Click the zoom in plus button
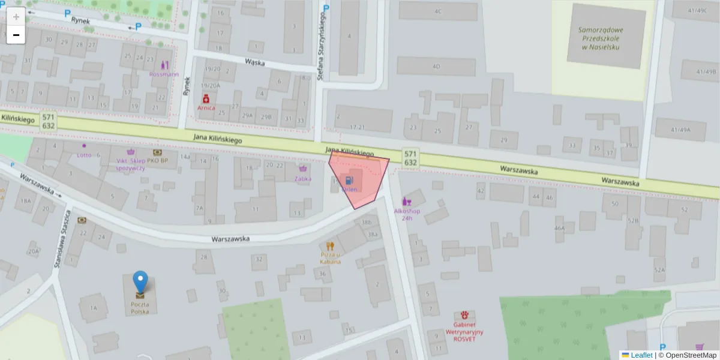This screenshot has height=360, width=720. (16, 17)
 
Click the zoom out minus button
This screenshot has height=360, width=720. (16, 35)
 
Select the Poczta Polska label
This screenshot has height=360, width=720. (140, 308)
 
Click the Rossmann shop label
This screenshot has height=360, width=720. (164, 74)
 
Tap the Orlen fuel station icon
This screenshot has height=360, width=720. (349, 179)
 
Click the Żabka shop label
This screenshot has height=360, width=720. (303, 178)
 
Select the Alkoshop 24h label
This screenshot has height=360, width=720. (407, 214)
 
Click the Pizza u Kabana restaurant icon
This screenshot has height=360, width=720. (330, 245)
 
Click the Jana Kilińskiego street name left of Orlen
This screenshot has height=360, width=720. (217, 139)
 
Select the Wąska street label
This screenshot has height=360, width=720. (255, 62)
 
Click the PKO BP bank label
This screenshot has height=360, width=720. (157, 161)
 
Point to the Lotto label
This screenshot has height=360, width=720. (84, 154)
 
